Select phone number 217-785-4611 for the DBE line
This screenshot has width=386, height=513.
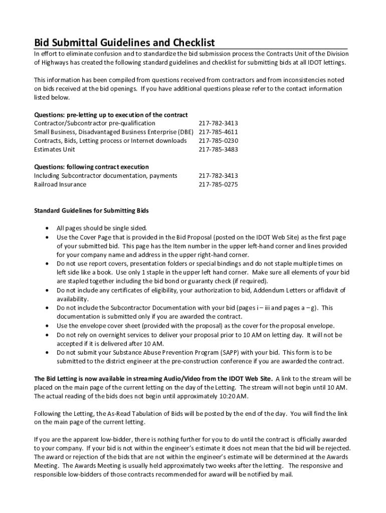[x=218, y=132]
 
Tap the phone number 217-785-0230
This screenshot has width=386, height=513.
[x=218, y=141]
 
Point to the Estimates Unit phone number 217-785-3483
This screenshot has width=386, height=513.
[x=218, y=149]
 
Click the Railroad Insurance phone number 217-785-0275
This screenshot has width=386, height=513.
[x=218, y=184]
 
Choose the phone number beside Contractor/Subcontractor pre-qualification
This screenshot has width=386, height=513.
[x=218, y=123]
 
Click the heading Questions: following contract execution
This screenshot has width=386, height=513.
[x=91, y=167]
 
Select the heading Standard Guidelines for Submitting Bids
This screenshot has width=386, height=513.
[x=91, y=210]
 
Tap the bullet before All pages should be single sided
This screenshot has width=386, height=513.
[x=47, y=228]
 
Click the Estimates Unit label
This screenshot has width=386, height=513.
[x=55, y=149]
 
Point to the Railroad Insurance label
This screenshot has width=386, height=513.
[x=60, y=184]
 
